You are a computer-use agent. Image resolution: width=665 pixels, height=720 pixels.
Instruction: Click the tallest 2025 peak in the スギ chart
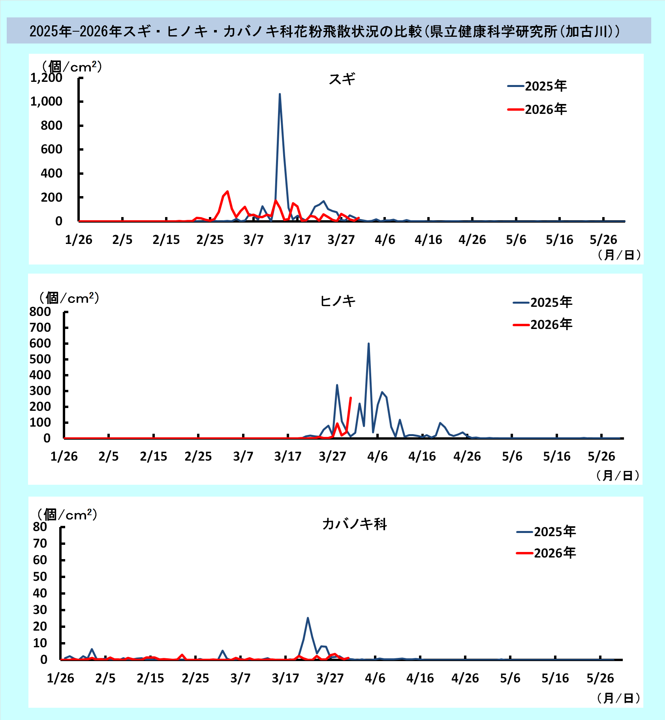point(280,94)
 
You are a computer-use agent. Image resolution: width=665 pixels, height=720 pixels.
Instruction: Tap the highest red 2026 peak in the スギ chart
point(227,192)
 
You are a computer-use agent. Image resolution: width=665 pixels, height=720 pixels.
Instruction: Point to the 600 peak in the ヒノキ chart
point(368,344)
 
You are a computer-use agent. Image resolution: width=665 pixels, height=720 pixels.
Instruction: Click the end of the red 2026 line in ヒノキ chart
point(351,398)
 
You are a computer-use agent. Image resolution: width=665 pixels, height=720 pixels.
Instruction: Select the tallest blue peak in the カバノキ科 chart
point(308,618)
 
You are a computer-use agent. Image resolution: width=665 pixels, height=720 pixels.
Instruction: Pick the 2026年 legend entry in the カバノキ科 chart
point(546,553)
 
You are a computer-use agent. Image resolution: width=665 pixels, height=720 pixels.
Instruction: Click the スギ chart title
point(342,79)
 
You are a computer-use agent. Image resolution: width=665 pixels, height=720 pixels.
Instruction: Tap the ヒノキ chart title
point(338,301)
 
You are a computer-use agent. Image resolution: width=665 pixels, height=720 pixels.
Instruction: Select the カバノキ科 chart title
point(354,524)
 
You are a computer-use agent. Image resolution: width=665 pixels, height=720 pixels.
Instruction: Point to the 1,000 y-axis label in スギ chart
point(46,102)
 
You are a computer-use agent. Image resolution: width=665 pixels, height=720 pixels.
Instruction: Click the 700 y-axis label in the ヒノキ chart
point(40,327)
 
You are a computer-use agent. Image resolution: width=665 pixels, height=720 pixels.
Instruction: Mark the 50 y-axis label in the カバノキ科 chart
point(40,576)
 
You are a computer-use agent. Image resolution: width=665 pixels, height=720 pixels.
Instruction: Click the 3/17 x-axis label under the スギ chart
point(297,240)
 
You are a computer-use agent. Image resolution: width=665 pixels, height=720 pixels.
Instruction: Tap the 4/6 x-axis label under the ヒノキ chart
point(377,456)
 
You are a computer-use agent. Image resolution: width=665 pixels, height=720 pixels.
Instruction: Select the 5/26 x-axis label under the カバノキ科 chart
point(600,678)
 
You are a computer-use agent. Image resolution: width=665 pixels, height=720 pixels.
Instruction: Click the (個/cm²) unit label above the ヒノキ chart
point(69,298)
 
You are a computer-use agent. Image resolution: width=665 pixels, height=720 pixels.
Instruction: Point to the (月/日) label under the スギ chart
point(619,255)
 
